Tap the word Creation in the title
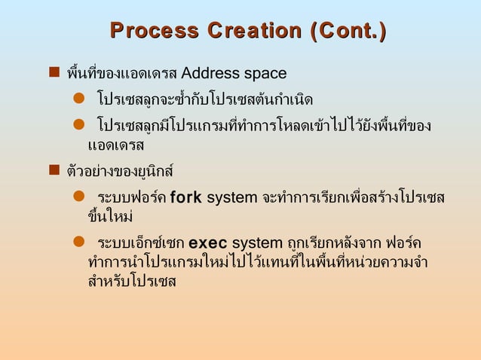click(246, 32)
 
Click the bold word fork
click(186, 198)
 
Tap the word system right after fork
click(232, 198)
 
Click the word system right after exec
click(258, 244)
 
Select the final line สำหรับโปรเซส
click(131, 282)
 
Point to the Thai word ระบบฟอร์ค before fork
click(132, 198)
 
